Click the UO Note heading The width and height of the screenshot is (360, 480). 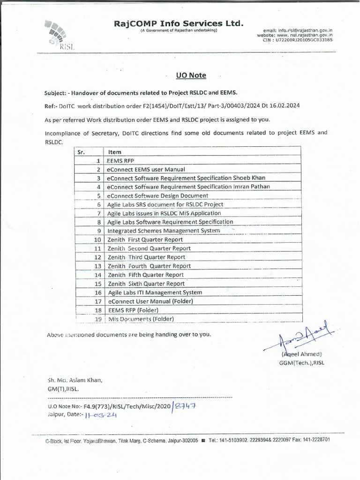coord(191,75)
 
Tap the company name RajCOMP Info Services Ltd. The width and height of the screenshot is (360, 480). coord(179,23)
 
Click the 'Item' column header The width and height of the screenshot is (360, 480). coord(115,152)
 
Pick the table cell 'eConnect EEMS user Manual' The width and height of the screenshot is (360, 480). coord(146,169)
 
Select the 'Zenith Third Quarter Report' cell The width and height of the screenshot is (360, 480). coord(147,257)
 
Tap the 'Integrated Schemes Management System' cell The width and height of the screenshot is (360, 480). coord(164,231)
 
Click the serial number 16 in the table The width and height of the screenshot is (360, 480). coord(98,292)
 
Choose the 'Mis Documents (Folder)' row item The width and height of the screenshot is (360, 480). coord(141,319)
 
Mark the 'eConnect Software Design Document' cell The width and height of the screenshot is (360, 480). coord(157,195)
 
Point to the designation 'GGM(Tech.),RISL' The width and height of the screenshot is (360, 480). coord(301,363)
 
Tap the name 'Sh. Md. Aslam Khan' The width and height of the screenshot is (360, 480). coord(75,380)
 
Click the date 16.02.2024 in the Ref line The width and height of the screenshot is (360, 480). coord(284,105)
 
